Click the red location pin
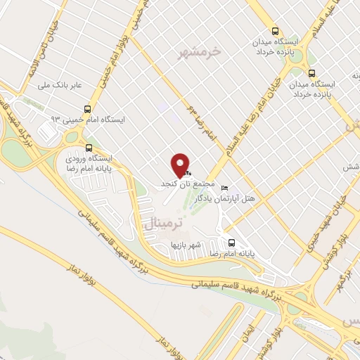[x=181, y=165]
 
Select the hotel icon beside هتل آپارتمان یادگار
[x=224, y=188]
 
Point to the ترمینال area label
[x=162, y=223]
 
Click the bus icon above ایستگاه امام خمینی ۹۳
[x=88, y=109]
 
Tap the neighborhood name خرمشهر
[x=205, y=51]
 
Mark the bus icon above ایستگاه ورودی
[x=89, y=148]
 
